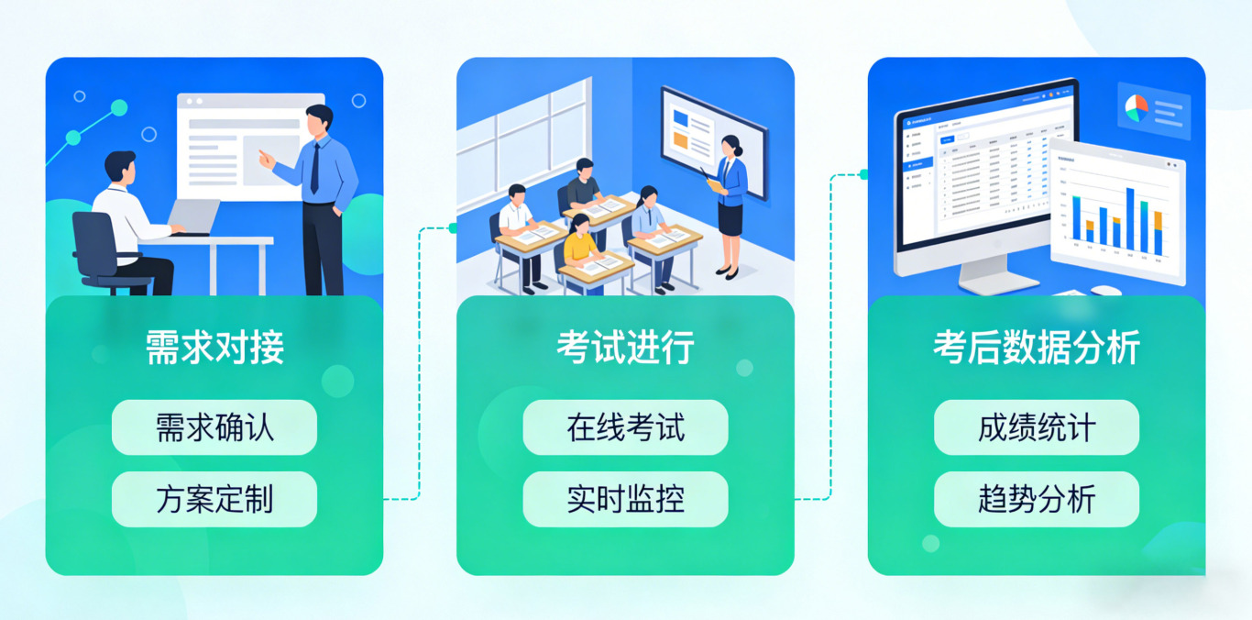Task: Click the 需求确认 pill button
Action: click(214, 427)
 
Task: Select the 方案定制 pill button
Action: click(214, 500)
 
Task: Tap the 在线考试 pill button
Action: click(625, 427)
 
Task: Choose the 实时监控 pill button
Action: click(625, 500)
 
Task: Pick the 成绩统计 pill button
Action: click(1037, 427)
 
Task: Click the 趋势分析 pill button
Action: click(1037, 500)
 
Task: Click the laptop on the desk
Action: click(195, 216)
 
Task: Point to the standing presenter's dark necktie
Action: click(315, 168)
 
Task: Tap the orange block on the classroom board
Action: click(680, 139)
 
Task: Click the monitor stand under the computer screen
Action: click(985, 272)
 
